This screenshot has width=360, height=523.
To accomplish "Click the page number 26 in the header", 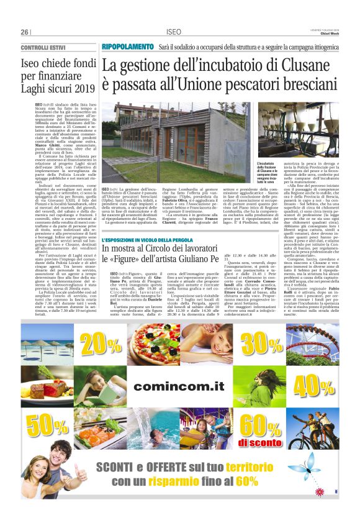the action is click(25, 32).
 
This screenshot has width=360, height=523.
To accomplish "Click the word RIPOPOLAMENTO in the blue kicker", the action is click(128, 47).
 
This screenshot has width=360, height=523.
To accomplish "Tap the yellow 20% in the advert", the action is click(101, 342).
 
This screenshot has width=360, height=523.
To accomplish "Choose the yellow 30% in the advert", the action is click(261, 342).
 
